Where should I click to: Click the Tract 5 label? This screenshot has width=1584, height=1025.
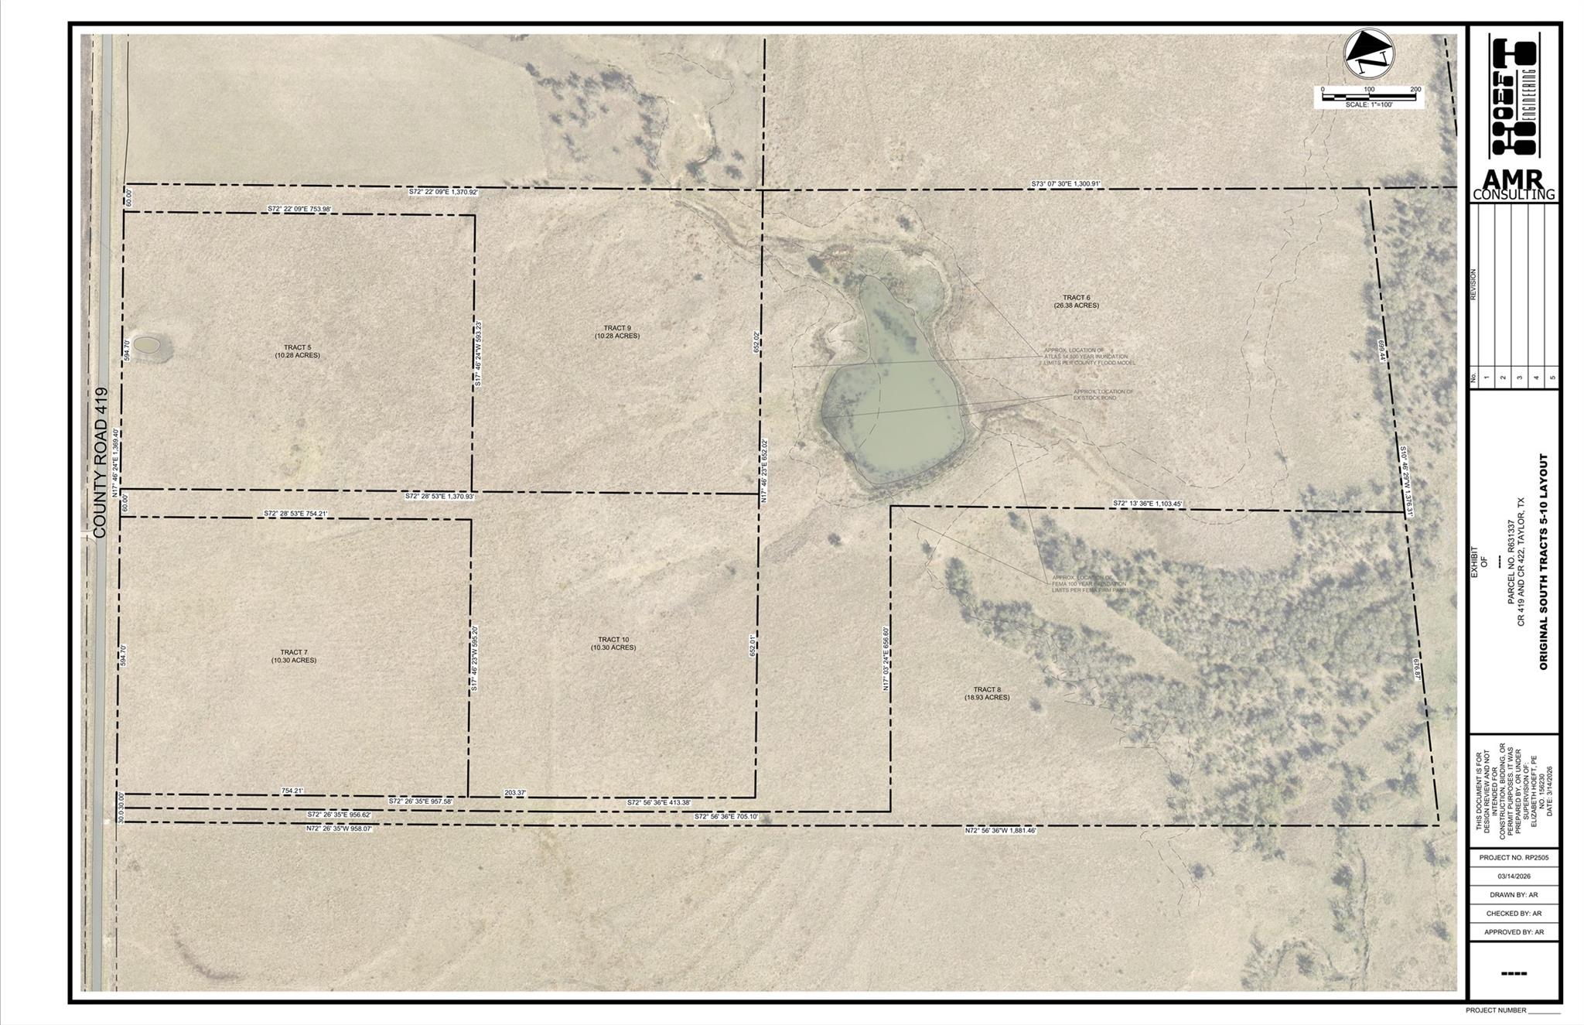[297, 351]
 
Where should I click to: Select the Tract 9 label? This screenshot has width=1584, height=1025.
[616, 332]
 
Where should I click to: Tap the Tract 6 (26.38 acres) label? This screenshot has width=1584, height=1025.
[1076, 301]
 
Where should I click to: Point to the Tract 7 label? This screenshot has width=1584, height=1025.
[293, 656]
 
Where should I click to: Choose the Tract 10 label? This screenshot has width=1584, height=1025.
[613, 643]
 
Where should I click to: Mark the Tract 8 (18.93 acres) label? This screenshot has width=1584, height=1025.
[987, 693]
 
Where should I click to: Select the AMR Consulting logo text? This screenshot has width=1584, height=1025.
[1513, 186]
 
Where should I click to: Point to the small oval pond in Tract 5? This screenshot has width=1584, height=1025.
[146, 345]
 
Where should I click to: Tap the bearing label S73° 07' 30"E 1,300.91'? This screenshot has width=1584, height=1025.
[1065, 184]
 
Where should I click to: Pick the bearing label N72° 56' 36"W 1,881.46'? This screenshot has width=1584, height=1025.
[1000, 830]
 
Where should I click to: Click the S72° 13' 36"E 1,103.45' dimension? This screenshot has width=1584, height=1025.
[1148, 504]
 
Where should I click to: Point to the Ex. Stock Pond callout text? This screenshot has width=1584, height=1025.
[1102, 395]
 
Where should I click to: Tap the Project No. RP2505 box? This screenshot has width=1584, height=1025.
[1514, 858]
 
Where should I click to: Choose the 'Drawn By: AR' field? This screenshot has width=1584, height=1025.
[1514, 895]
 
